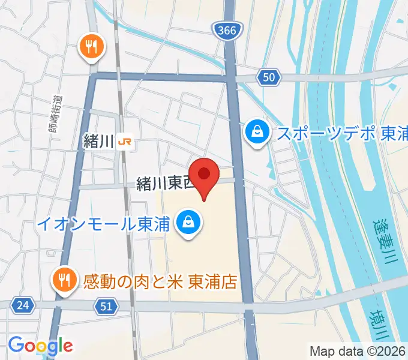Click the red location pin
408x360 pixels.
[x=205, y=175]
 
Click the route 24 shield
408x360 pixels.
[x=23, y=305]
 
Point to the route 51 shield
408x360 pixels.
[x=106, y=307]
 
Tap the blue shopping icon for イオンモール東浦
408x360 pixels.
[x=189, y=223]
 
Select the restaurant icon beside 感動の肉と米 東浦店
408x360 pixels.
[x=62, y=280]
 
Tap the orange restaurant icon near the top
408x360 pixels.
[x=92, y=47]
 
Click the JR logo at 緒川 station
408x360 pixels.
[x=125, y=142]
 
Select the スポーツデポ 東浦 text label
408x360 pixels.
[x=341, y=133]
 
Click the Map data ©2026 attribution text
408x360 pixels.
[x=357, y=351]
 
